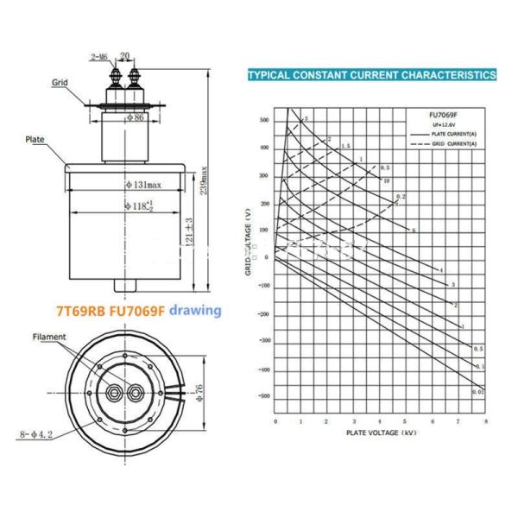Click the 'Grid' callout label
tap(60, 83)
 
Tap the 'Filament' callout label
tap(50, 337)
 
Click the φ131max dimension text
tap(142, 184)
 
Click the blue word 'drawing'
tap(195, 310)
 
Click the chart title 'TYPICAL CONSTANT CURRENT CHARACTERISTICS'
tap(371, 75)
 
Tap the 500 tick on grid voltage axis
tap(264, 120)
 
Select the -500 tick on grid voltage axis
tap(263, 395)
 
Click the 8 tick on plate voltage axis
tap(484, 420)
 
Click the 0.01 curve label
tap(477, 393)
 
